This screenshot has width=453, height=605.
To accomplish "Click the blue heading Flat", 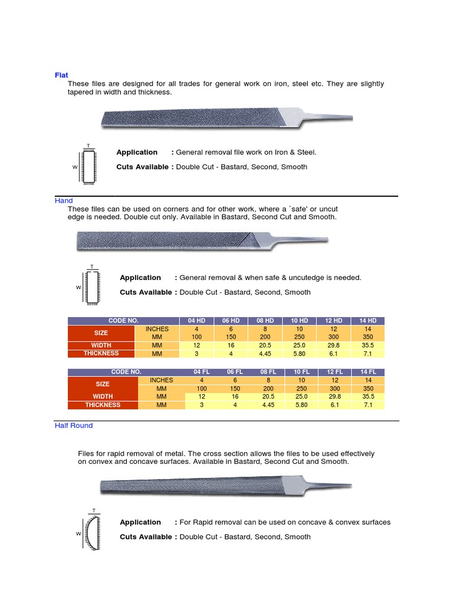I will click(x=61, y=75).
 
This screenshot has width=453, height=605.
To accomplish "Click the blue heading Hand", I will click(x=64, y=201).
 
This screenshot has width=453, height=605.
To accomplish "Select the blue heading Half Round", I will click(x=74, y=425).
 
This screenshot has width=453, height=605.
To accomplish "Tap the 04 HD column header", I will click(x=196, y=321).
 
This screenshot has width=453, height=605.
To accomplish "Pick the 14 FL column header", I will click(x=369, y=372).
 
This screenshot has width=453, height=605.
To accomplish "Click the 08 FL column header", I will click(x=268, y=372).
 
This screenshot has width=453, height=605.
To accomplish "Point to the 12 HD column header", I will click(x=334, y=321).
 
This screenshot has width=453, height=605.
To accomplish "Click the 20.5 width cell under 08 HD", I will click(x=265, y=345).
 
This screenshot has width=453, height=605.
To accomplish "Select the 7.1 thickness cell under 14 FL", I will click(x=369, y=405).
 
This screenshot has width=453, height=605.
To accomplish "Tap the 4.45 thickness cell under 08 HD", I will click(x=265, y=353).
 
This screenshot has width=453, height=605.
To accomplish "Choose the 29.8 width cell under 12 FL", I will click(x=335, y=397).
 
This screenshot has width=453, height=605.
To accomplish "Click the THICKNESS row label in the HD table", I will click(x=101, y=353).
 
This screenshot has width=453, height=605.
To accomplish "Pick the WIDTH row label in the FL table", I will click(x=103, y=397).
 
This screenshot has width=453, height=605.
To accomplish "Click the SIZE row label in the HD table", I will click(x=101, y=333).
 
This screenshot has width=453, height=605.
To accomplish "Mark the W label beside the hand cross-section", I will click(x=78, y=288).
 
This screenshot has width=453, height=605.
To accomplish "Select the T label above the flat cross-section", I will click(x=88, y=145).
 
